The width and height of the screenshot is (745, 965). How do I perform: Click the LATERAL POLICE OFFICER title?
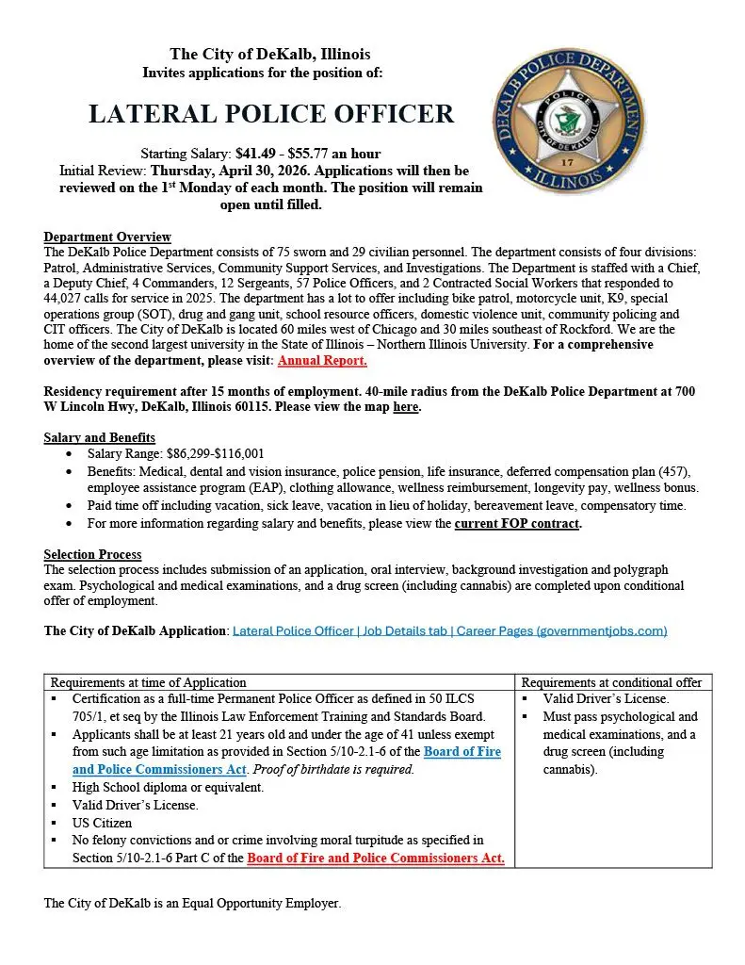click(x=271, y=114)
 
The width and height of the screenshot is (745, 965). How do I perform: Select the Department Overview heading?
click(x=107, y=237)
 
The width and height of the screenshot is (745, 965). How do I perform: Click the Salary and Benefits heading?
click(x=99, y=437)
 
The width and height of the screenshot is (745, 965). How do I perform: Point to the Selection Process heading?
click(x=92, y=554)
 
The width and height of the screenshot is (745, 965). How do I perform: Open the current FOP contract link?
click(x=517, y=523)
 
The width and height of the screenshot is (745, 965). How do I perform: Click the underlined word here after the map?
click(x=405, y=407)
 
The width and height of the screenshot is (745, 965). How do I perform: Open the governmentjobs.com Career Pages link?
click(x=449, y=630)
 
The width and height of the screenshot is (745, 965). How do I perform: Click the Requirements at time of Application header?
click(x=148, y=682)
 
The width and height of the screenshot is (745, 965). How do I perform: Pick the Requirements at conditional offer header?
click(x=611, y=682)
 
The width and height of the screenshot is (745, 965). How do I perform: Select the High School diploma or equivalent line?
click(x=168, y=787)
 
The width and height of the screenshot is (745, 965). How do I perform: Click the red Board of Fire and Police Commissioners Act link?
click(x=376, y=858)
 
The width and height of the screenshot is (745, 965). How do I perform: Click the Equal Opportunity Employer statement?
click(x=192, y=903)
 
